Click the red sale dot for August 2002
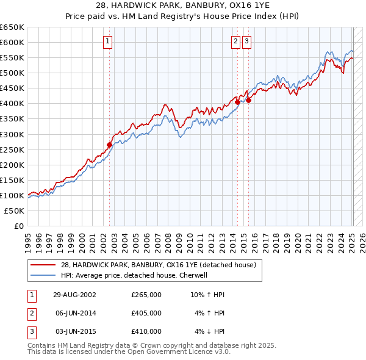click(x=110, y=145)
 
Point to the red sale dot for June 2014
click(x=237, y=103)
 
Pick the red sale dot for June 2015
click(x=248, y=101)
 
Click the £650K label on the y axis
click(x=12, y=27)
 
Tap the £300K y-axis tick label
click(x=12, y=134)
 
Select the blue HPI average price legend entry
click(x=142, y=275)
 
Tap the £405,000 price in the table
click(x=146, y=313)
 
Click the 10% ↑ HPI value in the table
click(x=208, y=295)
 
